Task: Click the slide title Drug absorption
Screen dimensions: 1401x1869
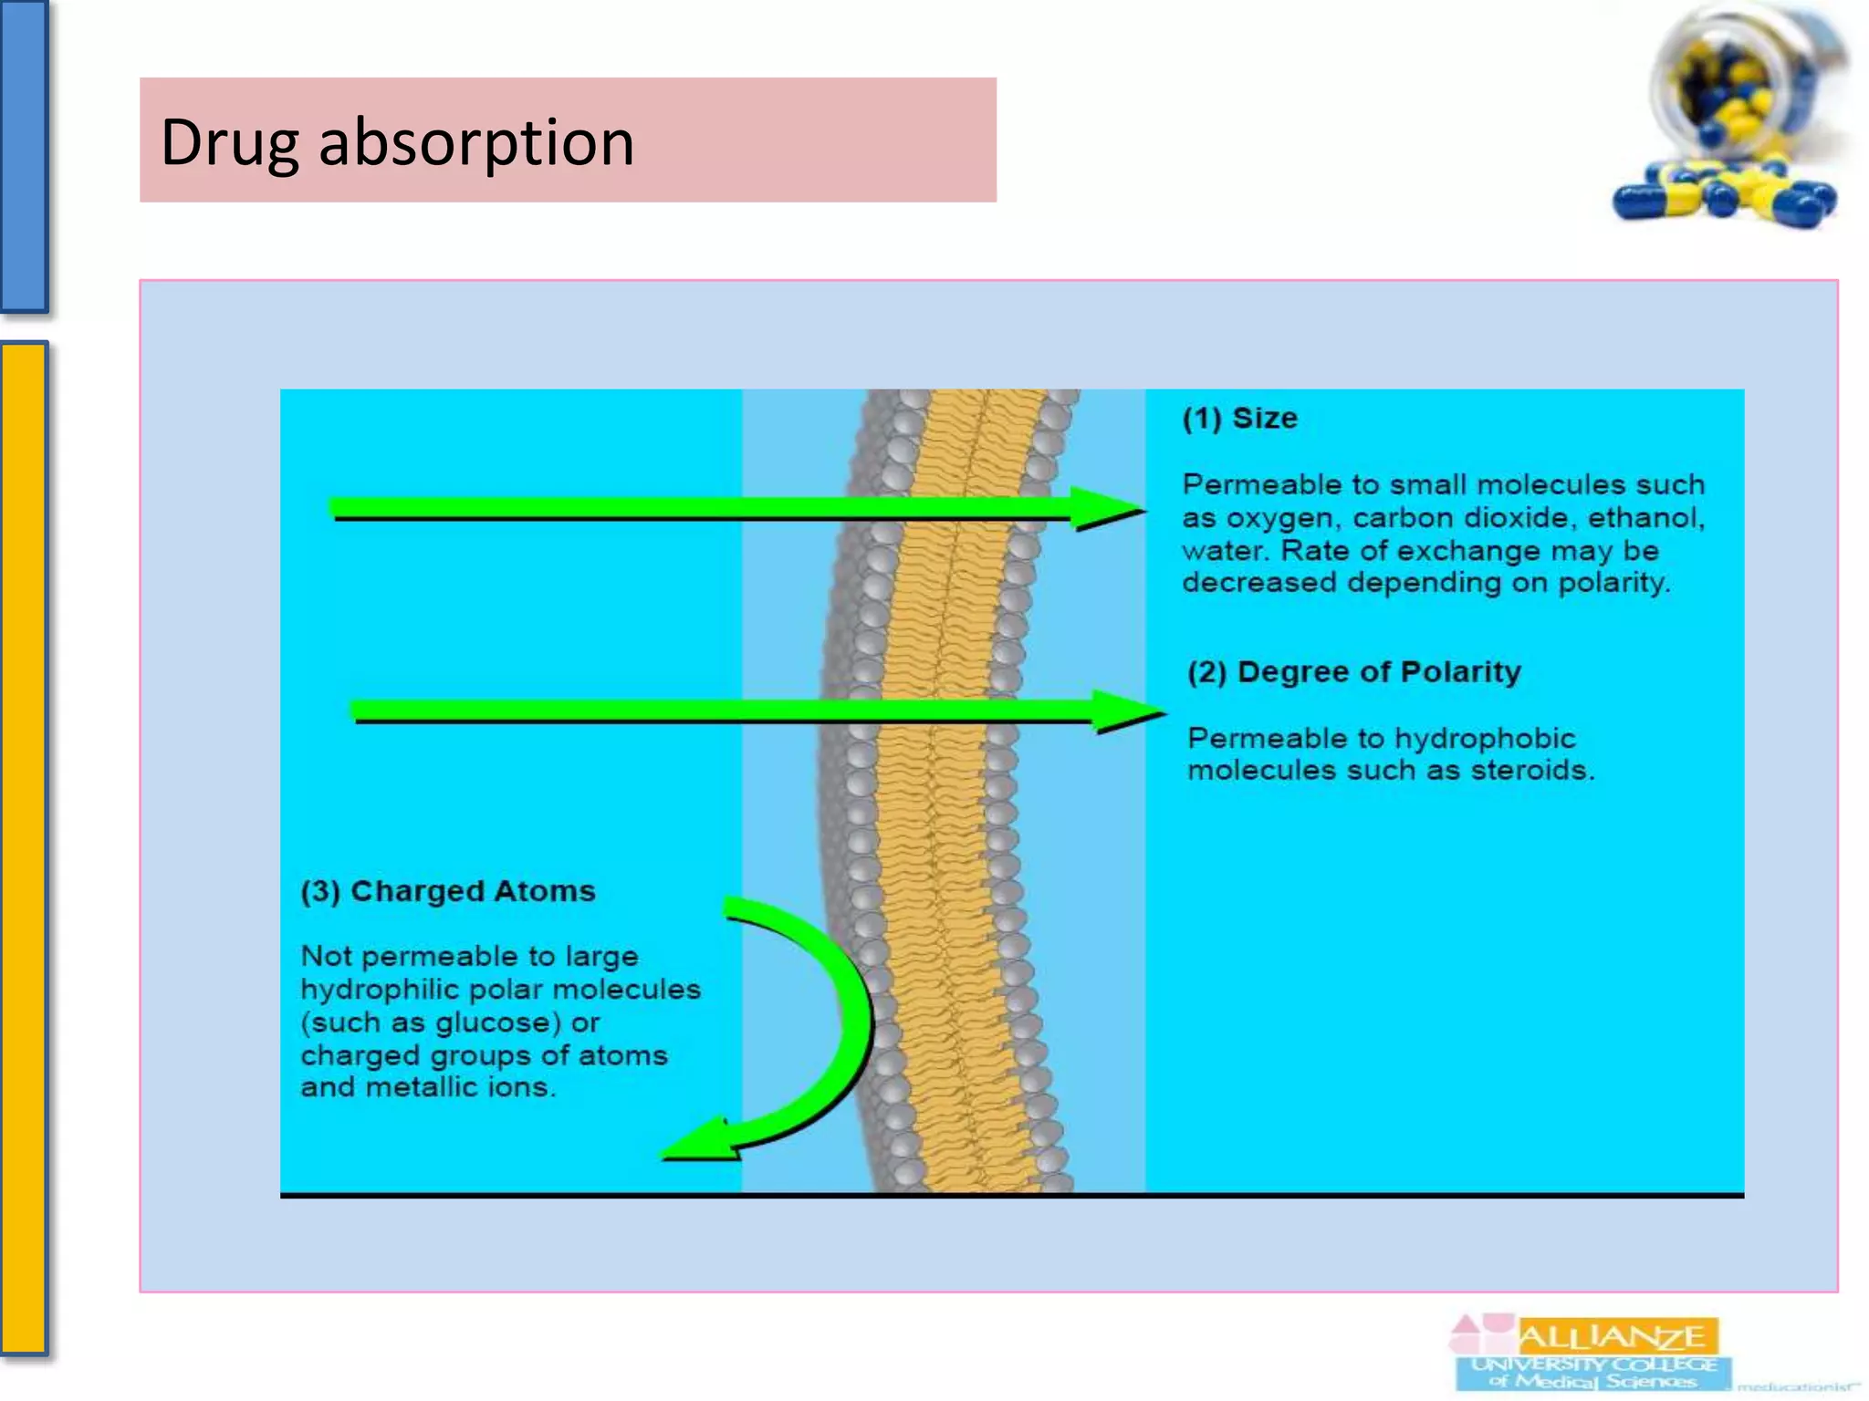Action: tap(397, 142)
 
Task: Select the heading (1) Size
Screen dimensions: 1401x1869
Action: tap(1239, 418)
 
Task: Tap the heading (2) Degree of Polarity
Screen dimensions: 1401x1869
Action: tap(1353, 672)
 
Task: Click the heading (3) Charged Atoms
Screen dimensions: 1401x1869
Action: tap(447, 891)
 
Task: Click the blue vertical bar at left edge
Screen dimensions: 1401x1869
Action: tap(23, 155)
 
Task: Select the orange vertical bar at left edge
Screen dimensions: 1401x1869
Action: tap(23, 848)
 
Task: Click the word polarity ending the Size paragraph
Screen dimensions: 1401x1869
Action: tap(1613, 583)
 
